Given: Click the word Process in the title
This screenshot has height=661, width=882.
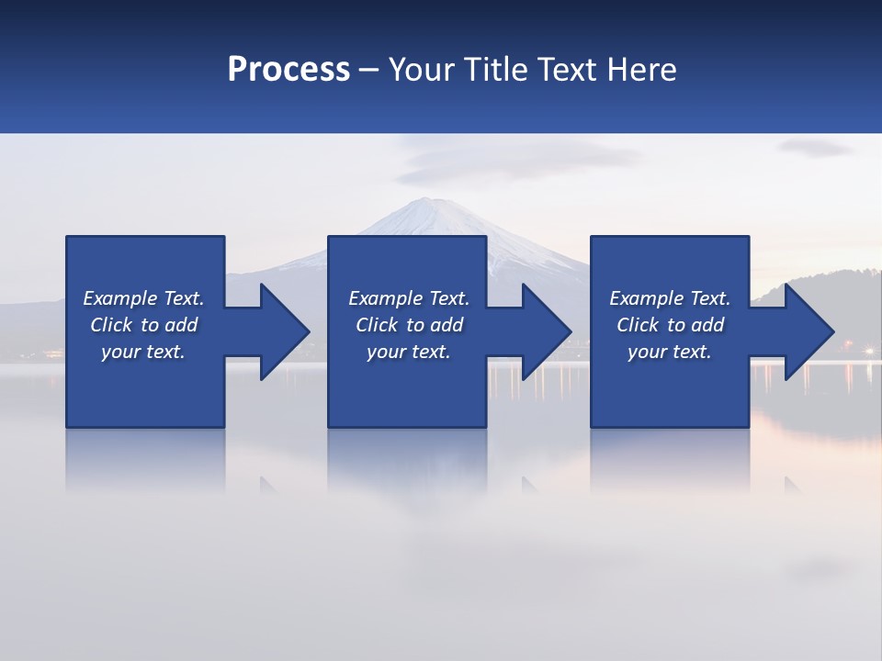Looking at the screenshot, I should point(288,69).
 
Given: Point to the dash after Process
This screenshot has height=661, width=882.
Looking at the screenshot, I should point(368,70).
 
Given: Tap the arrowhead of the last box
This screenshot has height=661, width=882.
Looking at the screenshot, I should point(808,331).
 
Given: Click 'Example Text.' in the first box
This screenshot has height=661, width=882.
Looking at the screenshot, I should point(143,298).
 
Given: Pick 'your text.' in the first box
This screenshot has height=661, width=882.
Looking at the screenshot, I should point(143,352).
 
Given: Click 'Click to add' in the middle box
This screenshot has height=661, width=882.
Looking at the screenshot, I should point(409,325).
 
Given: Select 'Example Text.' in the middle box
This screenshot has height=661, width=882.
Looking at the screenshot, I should point(409,298).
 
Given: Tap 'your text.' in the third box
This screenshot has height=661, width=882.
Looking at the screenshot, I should point(670,352).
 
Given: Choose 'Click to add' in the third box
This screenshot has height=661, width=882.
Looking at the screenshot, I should point(670,325).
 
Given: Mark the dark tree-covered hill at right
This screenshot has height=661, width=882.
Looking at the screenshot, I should point(827,285).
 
